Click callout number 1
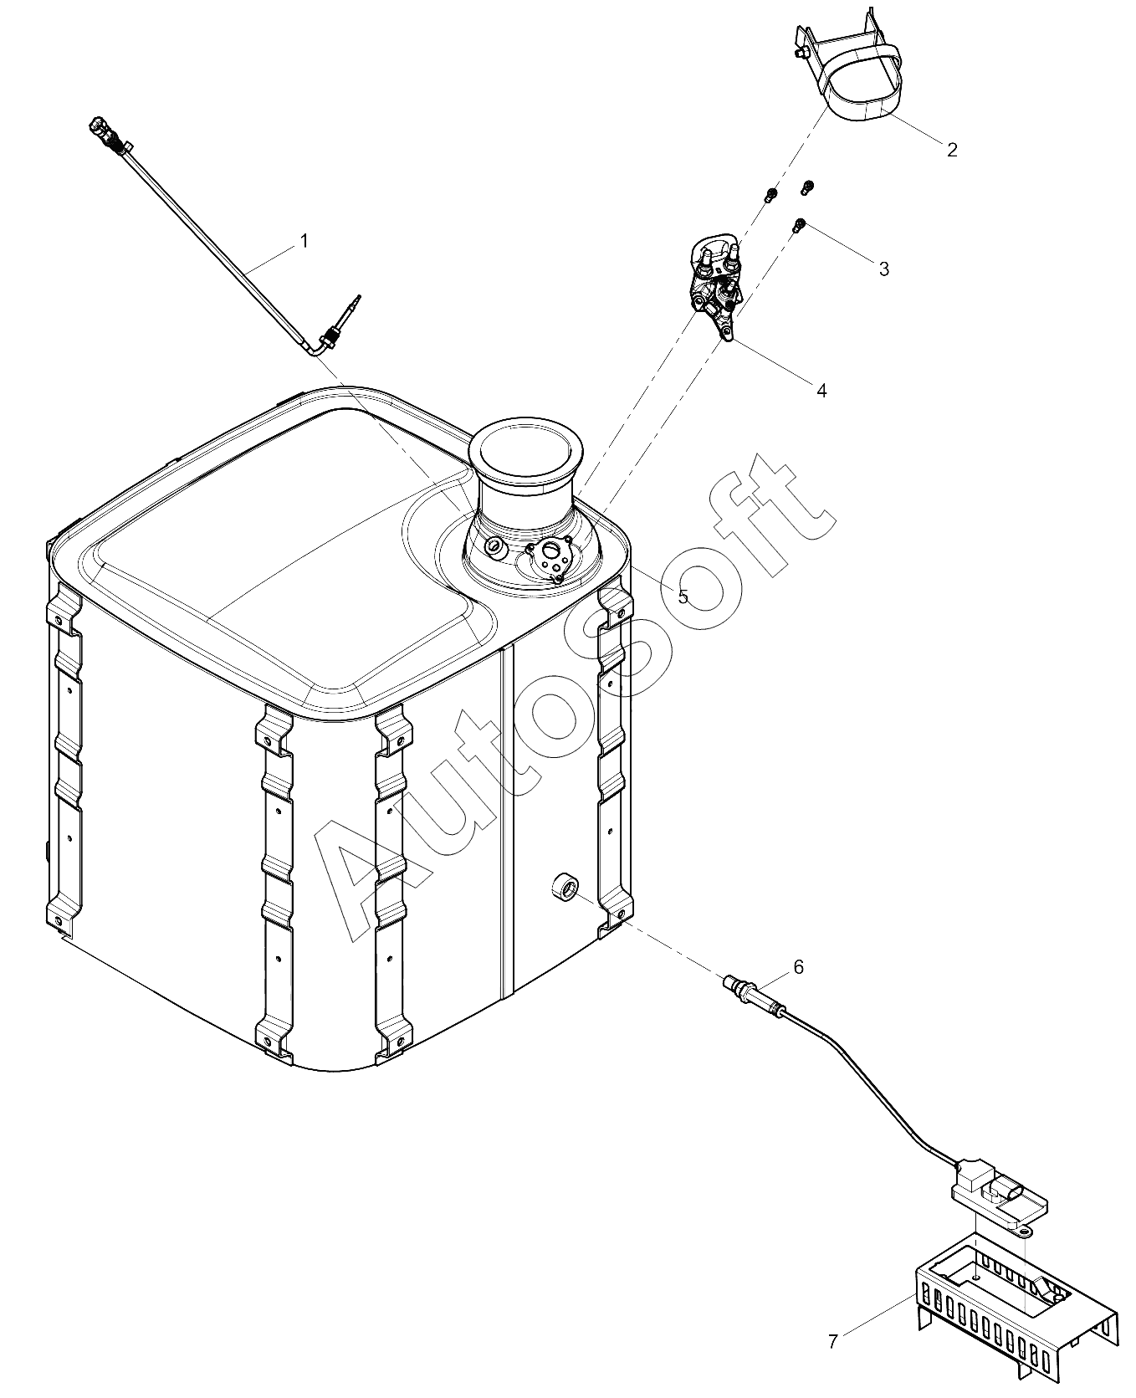point(304,241)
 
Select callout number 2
point(952,150)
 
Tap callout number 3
point(884,269)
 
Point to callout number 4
point(821,390)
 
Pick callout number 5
point(683,596)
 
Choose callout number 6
point(798,967)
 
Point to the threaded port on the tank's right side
point(564,885)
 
